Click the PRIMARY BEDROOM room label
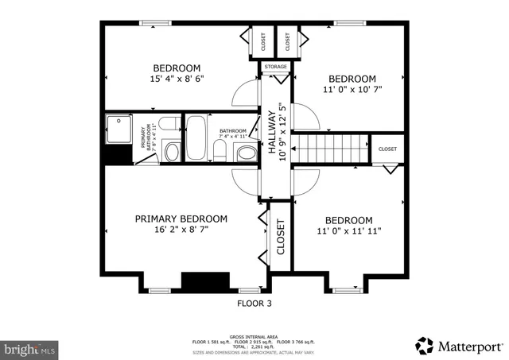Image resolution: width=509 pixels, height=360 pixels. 181,219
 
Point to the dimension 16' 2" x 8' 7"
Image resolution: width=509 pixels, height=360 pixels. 181,230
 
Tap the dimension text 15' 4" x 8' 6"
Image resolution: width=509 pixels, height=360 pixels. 177,79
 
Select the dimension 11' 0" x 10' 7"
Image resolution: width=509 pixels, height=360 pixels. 352,90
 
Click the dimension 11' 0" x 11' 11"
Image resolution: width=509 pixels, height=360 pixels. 349,231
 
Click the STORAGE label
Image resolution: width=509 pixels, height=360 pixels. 276,67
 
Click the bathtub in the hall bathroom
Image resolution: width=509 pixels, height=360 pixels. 197,139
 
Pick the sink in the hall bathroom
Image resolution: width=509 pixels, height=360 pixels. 247,152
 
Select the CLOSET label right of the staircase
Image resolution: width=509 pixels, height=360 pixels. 387,149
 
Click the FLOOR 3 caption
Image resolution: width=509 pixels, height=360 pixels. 254,303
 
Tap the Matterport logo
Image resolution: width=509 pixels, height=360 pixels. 459,346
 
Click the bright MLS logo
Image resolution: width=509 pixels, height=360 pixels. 30,348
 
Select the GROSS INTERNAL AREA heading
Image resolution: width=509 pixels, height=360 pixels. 254,336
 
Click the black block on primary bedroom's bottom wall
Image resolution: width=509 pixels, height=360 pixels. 205,282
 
